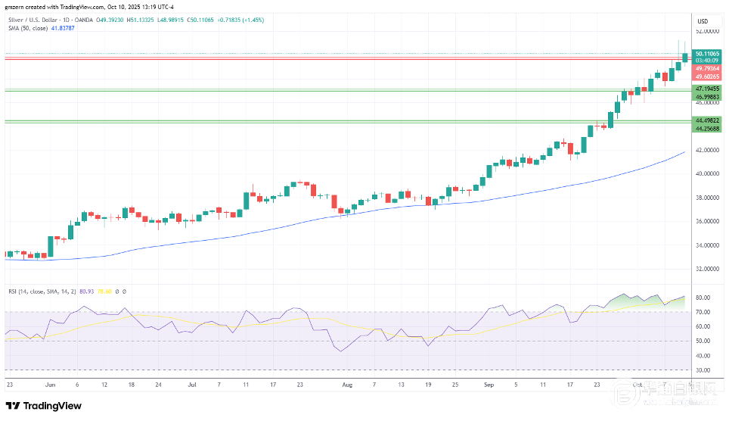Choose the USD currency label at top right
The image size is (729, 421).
tap(702, 20)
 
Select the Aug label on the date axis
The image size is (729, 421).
tap(347, 385)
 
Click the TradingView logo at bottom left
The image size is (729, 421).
tap(43, 406)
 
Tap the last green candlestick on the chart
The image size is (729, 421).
tap(685, 56)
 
